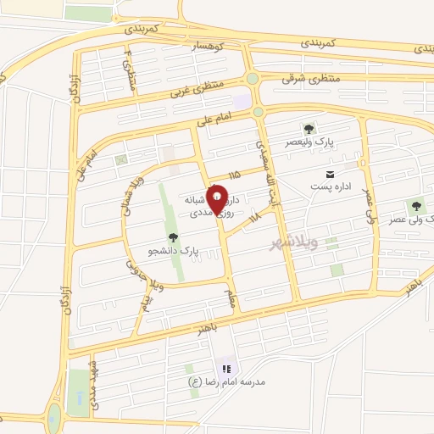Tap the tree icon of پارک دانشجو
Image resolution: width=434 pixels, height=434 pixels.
[x=174, y=238]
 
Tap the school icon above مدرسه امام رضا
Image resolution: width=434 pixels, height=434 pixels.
[x=225, y=369]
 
